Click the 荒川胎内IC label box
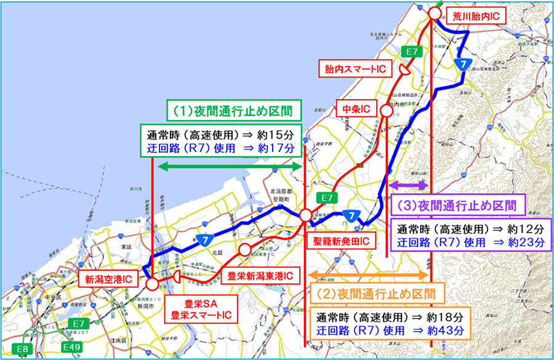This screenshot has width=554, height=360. pyautogui.click(x=473, y=15)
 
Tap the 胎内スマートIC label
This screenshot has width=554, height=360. pyautogui.click(x=356, y=69)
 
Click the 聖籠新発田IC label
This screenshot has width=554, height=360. pyautogui.click(x=339, y=239)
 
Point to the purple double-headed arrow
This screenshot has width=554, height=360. pyautogui.click(x=408, y=185)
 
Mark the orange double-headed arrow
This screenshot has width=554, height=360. pyautogui.click(x=367, y=274)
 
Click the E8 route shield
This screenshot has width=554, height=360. pyautogui.click(x=23, y=350)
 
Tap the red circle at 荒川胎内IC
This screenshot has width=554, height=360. pyautogui.click(x=435, y=13)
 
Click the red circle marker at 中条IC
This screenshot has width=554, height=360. pyautogui.click(x=386, y=110)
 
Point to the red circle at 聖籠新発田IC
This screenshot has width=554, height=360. pyautogui.click(x=305, y=216)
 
